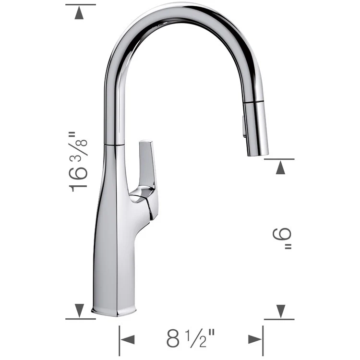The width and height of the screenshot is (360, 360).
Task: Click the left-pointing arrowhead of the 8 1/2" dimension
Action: coord(127,339)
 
